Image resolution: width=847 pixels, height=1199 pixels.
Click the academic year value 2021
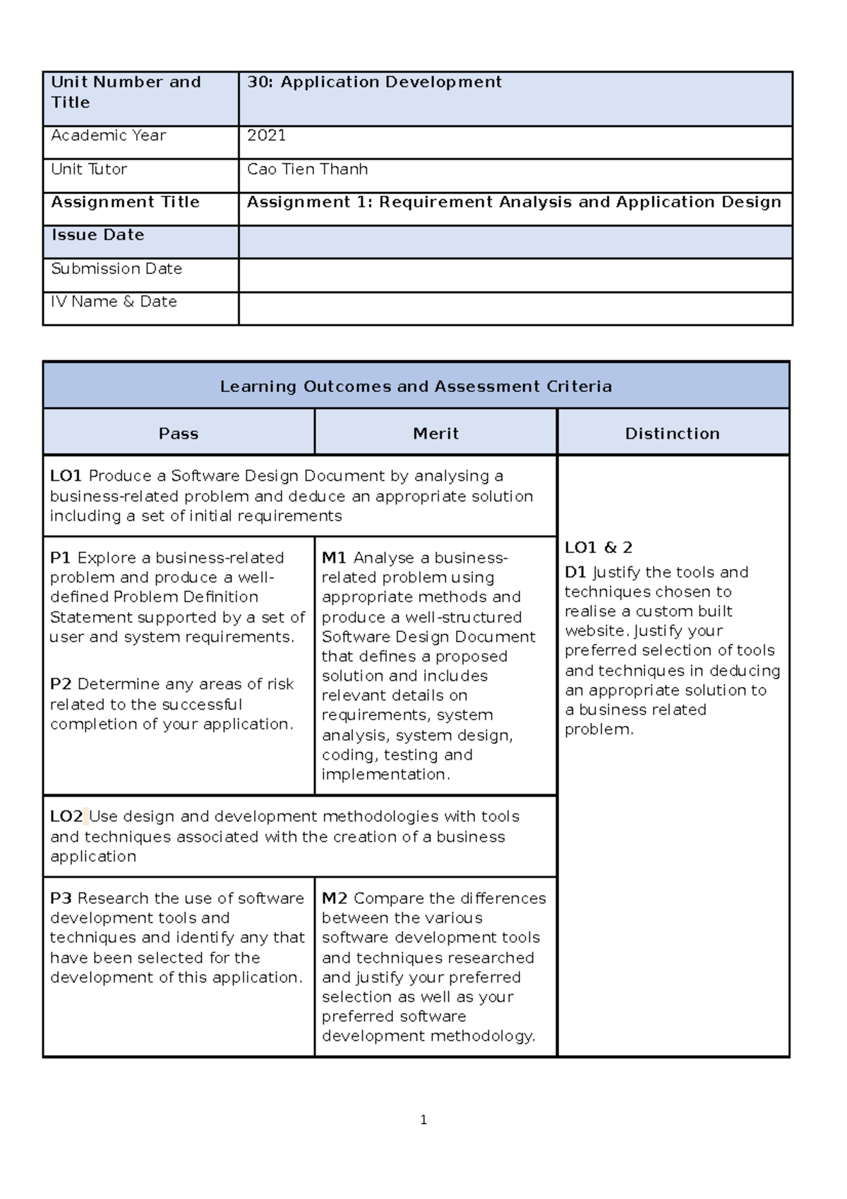tap(266, 136)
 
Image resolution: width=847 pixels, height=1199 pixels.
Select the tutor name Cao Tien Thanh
tap(307, 169)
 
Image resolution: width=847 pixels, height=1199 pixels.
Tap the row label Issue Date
tap(97, 235)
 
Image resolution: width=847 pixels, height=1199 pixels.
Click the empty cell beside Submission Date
tap(515, 275)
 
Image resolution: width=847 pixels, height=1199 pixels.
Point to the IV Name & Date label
tap(114, 302)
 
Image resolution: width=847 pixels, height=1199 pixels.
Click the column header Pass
tap(179, 434)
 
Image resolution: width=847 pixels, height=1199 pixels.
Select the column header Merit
tap(435, 434)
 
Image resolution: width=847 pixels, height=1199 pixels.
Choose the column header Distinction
tap(672, 434)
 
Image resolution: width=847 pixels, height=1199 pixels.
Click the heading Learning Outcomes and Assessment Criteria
tap(416, 386)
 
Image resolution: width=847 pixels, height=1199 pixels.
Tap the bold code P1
tap(60, 558)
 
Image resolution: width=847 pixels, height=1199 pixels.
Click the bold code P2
tap(61, 684)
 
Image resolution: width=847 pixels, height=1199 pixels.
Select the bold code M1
tap(334, 558)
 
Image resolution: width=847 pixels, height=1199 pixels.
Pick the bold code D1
tap(575, 573)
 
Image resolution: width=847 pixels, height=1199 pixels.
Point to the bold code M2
tap(335, 898)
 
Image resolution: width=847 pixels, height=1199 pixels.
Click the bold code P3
tap(61, 898)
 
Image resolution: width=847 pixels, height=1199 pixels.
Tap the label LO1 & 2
tap(599, 547)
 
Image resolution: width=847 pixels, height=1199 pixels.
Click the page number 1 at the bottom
tap(423, 1120)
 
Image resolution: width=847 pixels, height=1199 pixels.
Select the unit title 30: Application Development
tap(374, 82)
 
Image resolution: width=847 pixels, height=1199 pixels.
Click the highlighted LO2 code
tap(66, 817)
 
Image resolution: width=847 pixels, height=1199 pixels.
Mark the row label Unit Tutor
tap(89, 169)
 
